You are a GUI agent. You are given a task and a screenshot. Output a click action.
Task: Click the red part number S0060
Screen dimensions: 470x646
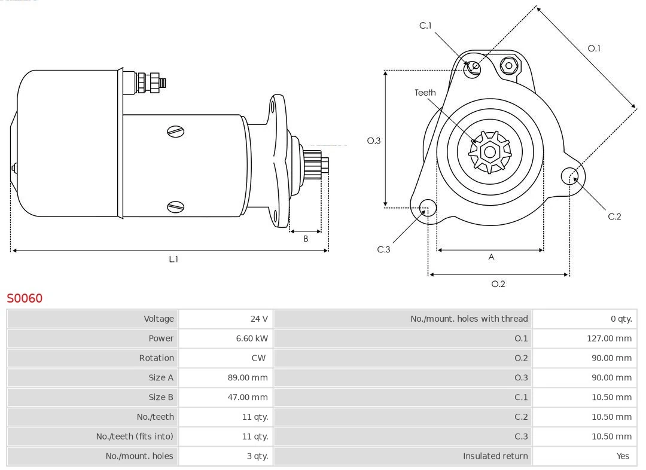click(25, 298)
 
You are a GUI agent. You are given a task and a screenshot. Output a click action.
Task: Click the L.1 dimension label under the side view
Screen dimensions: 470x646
click(173, 259)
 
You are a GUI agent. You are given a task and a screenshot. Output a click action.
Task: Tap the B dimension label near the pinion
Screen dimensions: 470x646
click(306, 239)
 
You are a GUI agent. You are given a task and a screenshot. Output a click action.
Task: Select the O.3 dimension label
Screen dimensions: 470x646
click(374, 141)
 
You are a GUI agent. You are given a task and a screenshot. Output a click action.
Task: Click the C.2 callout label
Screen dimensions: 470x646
click(614, 216)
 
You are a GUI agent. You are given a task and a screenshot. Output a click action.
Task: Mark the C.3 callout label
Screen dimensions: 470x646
click(383, 249)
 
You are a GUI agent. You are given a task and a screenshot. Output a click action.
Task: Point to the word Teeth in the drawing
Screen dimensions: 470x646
click(425, 93)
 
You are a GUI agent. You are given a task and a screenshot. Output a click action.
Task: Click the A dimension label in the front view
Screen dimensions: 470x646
click(491, 257)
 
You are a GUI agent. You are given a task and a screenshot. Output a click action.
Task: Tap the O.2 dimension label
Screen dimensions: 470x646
click(498, 283)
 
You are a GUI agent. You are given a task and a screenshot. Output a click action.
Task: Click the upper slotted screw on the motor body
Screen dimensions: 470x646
click(175, 132)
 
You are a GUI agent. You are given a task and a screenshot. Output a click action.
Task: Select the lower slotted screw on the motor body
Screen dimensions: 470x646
click(175, 207)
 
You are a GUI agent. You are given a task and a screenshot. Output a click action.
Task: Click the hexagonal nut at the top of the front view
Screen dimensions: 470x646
click(508, 66)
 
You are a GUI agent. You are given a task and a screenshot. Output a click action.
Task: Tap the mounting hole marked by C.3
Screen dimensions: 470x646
click(427, 208)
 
